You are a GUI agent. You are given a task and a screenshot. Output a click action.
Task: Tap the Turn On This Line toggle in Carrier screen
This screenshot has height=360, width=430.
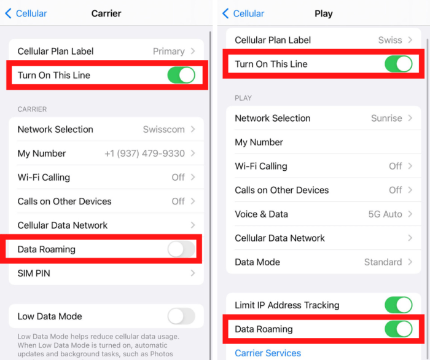click(181, 76)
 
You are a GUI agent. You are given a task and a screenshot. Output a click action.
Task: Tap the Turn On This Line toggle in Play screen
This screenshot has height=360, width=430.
click(398, 64)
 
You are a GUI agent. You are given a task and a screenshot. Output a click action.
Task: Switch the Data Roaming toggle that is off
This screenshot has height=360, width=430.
click(181, 249)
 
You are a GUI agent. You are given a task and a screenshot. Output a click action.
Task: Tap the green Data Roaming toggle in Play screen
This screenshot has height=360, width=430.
click(398, 329)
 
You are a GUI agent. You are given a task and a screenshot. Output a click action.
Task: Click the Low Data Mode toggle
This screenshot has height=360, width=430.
click(181, 316)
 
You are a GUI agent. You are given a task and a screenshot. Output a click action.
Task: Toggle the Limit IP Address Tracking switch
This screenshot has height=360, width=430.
click(398, 305)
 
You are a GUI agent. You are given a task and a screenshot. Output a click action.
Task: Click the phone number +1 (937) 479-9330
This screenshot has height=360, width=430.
click(144, 154)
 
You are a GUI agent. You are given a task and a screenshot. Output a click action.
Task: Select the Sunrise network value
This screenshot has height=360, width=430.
click(386, 118)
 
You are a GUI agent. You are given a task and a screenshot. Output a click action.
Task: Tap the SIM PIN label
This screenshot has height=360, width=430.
click(34, 273)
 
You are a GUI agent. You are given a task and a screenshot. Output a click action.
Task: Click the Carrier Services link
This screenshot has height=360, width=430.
click(268, 353)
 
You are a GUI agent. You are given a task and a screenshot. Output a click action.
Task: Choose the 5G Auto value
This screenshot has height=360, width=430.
click(385, 214)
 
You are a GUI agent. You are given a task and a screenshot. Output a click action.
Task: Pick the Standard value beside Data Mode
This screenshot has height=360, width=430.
click(383, 262)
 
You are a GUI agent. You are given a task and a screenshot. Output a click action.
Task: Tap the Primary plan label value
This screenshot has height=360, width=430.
click(168, 52)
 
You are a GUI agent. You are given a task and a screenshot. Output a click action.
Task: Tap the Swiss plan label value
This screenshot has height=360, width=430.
click(390, 40)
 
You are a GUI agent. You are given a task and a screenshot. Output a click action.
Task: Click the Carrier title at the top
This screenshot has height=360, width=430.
click(106, 14)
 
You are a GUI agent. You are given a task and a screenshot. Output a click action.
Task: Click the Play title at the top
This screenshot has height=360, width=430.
click(323, 14)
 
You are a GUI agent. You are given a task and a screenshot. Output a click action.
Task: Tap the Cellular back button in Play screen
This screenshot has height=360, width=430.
click(243, 14)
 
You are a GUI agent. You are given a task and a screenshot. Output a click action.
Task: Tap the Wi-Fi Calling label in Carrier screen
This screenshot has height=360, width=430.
click(44, 178)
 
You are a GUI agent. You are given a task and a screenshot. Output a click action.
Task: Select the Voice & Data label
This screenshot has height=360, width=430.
click(261, 214)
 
